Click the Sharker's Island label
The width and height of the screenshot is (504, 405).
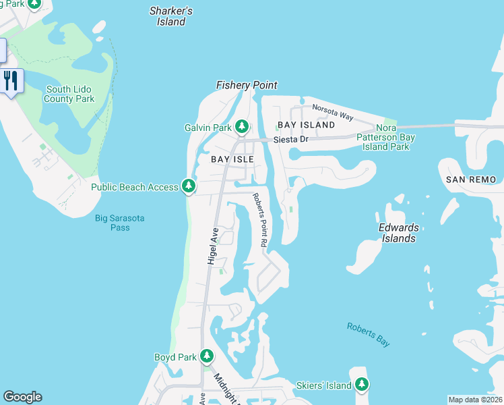tap(171, 16)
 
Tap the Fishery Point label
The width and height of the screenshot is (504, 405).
tap(247, 85)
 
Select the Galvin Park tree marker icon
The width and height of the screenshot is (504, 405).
tap(242, 126)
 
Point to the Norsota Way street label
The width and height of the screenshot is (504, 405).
tap(332, 112)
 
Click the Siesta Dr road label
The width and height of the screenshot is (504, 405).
tap(290, 140)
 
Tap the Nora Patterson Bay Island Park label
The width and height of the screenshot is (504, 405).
tap(386, 137)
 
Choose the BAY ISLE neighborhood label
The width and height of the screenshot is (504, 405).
tap(232, 159)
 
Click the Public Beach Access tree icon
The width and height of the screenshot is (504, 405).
tap(189, 186)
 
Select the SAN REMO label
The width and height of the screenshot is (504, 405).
tap(471, 180)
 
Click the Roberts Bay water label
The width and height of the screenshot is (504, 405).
tap(369, 335)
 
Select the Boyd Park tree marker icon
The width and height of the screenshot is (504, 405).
tap(206, 356)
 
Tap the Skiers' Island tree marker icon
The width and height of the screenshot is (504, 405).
tap(362, 384)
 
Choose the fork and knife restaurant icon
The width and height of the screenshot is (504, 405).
tap(11, 81)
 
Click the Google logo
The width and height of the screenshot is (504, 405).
tap(22, 397)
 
